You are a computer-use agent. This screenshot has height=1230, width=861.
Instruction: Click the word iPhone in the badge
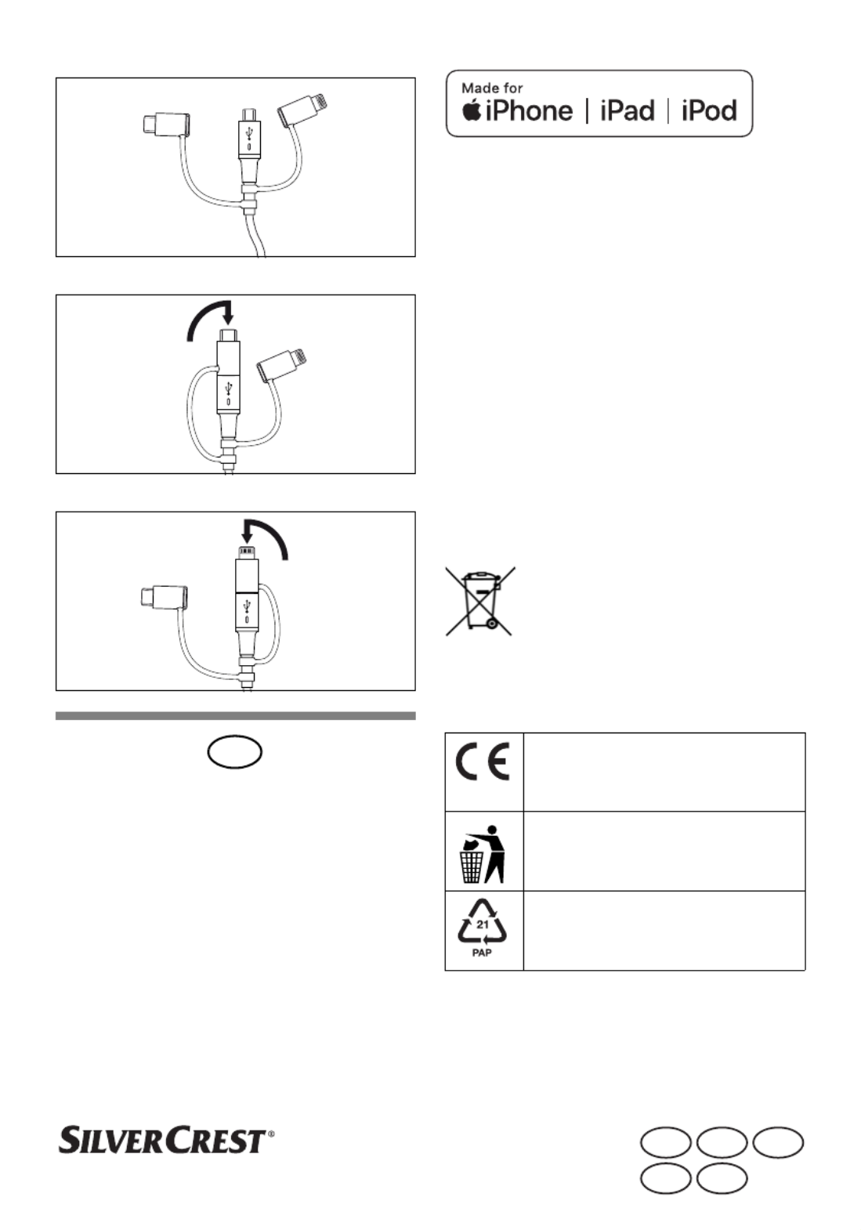click(x=530, y=110)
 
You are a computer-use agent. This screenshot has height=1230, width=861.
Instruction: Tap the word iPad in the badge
click(x=628, y=110)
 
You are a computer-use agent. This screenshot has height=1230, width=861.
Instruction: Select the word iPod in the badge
click(x=709, y=110)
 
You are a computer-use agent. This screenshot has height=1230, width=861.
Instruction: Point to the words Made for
click(x=492, y=88)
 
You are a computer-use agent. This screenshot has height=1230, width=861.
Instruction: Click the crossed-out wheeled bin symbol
click(x=480, y=601)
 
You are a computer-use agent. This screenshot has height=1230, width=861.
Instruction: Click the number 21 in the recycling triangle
click(x=482, y=924)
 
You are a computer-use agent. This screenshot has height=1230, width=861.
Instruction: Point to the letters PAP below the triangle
click(x=482, y=953)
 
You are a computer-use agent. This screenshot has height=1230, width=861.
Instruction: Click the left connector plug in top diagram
click(x=166, y=124)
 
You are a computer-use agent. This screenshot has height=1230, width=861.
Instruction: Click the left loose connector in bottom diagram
click(x=165, y=598)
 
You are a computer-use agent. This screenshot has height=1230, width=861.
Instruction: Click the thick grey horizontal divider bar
click(x=236, y=715)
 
